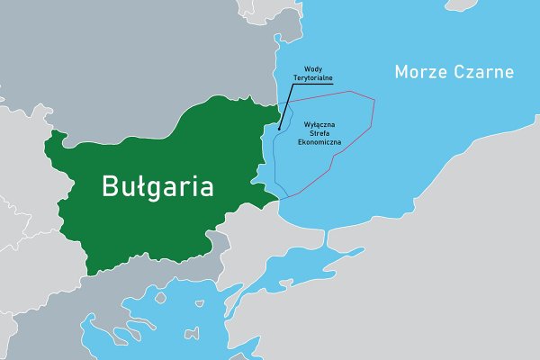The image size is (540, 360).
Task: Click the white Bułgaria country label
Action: point(157,187)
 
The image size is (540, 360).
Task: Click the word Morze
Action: point(422,71)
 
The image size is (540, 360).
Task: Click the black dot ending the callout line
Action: point(280,128)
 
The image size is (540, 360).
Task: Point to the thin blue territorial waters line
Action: point(274,162)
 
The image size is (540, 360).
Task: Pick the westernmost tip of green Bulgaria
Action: point(47,143)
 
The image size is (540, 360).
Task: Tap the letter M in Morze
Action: point(402,71)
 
